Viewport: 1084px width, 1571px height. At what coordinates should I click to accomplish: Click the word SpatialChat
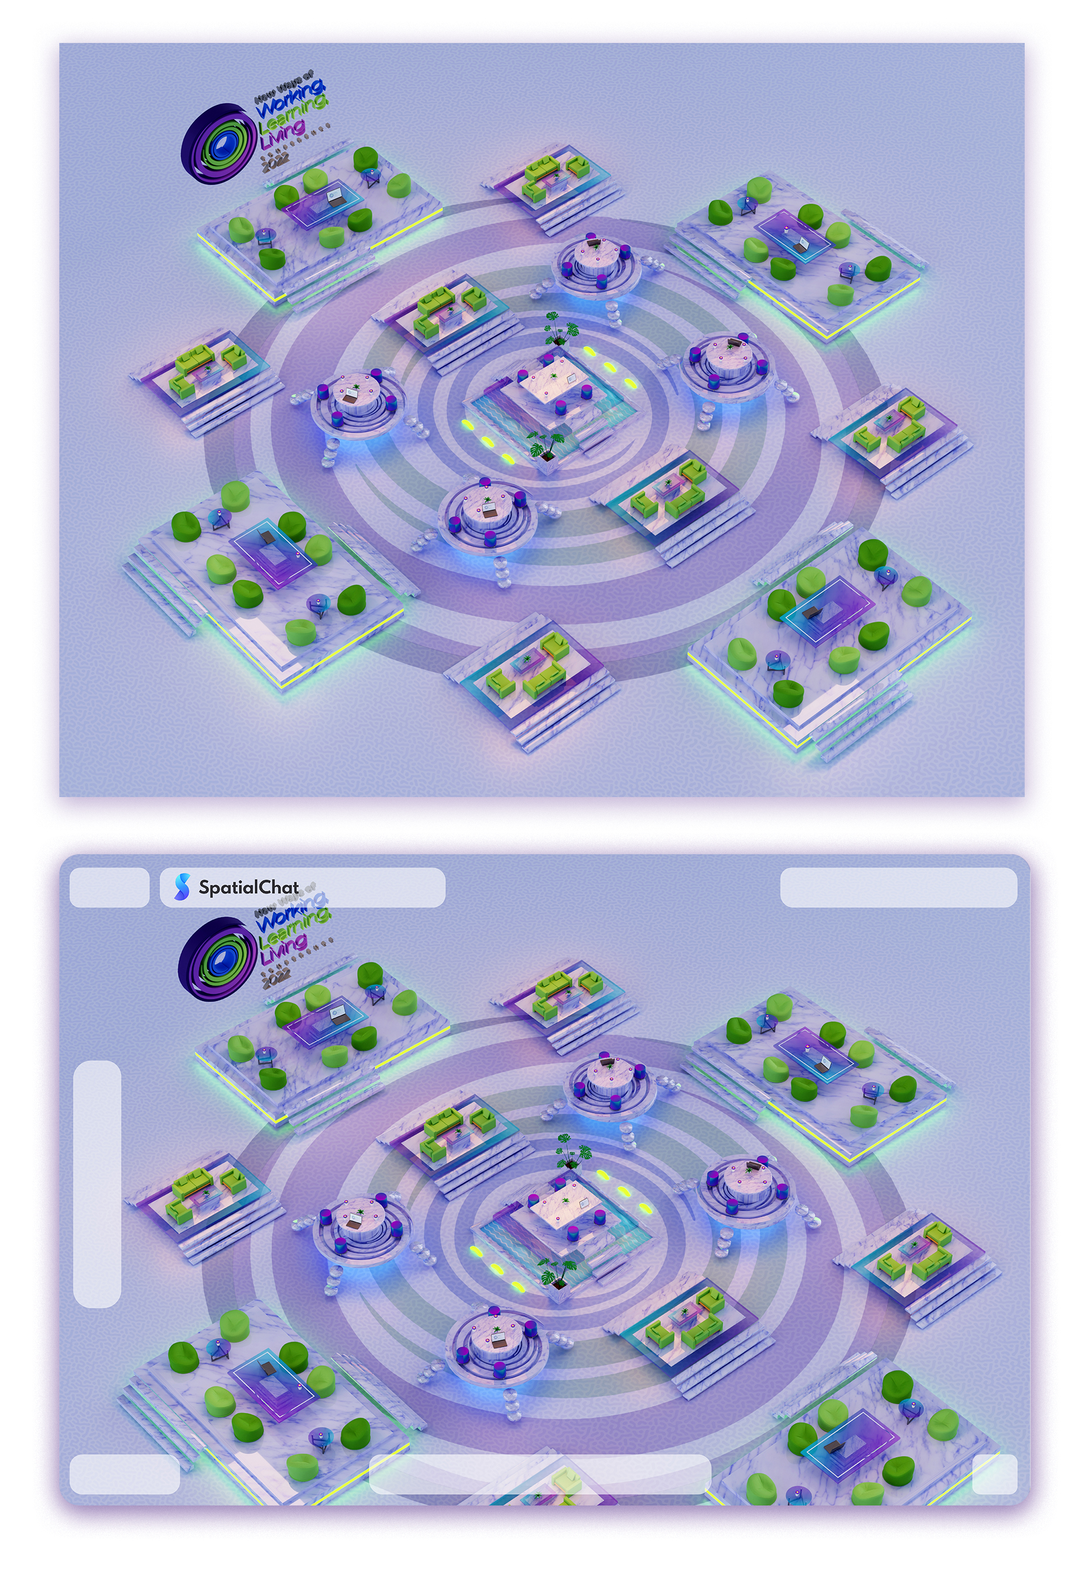click(x=248, y=886)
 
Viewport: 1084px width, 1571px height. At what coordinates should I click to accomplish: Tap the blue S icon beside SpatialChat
click(x=181, y=887)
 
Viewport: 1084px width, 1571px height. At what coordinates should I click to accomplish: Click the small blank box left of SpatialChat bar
click(x=110, y=887)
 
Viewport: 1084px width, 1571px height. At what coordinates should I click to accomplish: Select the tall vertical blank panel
click(x=97, y=1183)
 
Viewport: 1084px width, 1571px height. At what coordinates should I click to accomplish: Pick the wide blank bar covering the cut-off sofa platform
click(x=539, y=1473)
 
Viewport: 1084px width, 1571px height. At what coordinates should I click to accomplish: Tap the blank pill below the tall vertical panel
click(x=124, y=1473)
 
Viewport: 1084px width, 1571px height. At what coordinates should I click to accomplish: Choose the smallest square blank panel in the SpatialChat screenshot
click(x=994, y=1473)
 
